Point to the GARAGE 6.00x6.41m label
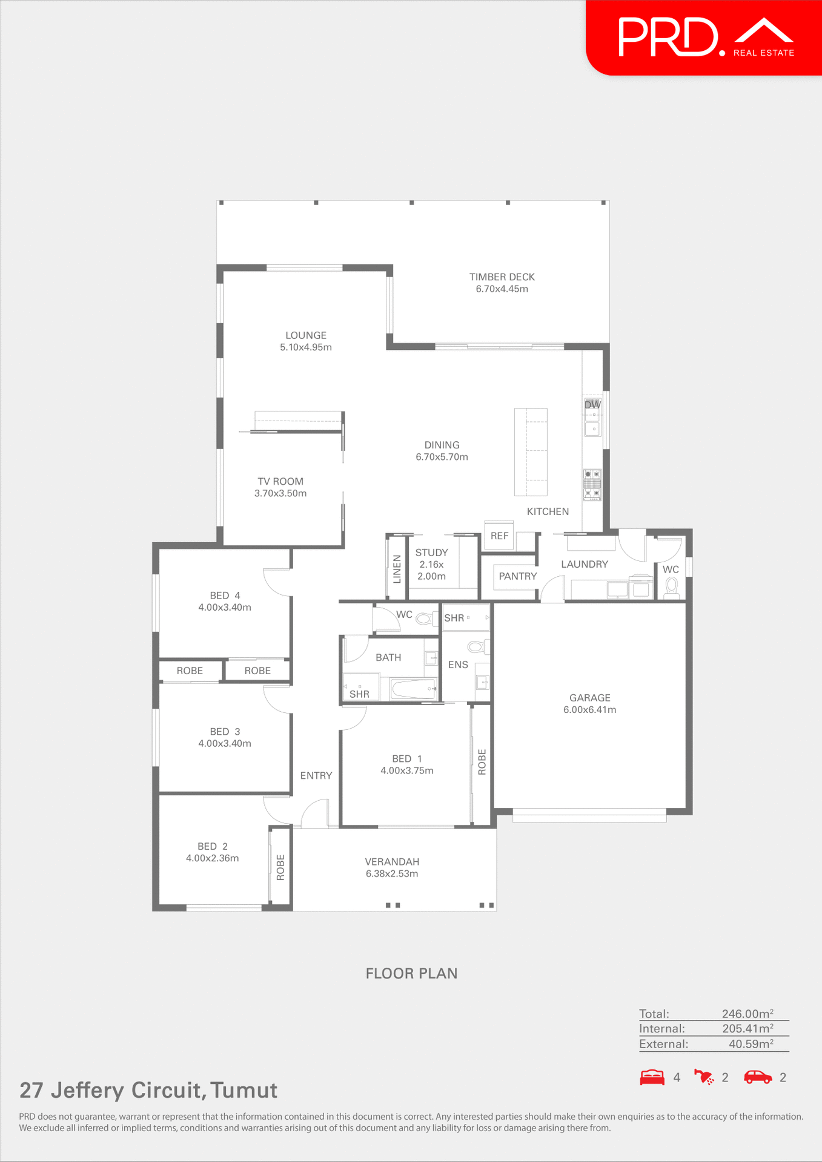pyautogui.click(x=589, y=704)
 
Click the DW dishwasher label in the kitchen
pyautogui.click(x=592, y=404)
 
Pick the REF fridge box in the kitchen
pyautogui.click(x=499, y=536)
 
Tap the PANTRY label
pyautogui.click(x=517, y=576)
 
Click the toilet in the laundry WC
pyautogui.click(x=671, y=586)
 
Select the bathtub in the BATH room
pyautogui.click(x=414, y=689)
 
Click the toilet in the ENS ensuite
pyautogui.click(x=476, y=647)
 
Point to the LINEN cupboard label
pyautogui.click(x=397, y=569)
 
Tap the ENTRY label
pyautogui.click(x=316, y=775)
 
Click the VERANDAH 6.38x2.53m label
pyautogui.click(x=392, y=867)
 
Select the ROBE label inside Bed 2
pyautogui.click(x=280, y=867)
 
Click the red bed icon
pyautogui.click(x=652, y=1078)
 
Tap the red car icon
pyautogui.click(x=758, y=1077)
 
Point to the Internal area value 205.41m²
pyautogui.click(x=747, y=1029)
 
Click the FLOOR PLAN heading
pyautogui.click(x=411, y=973)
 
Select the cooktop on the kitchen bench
pyautogui.click(x=592, y=484)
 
